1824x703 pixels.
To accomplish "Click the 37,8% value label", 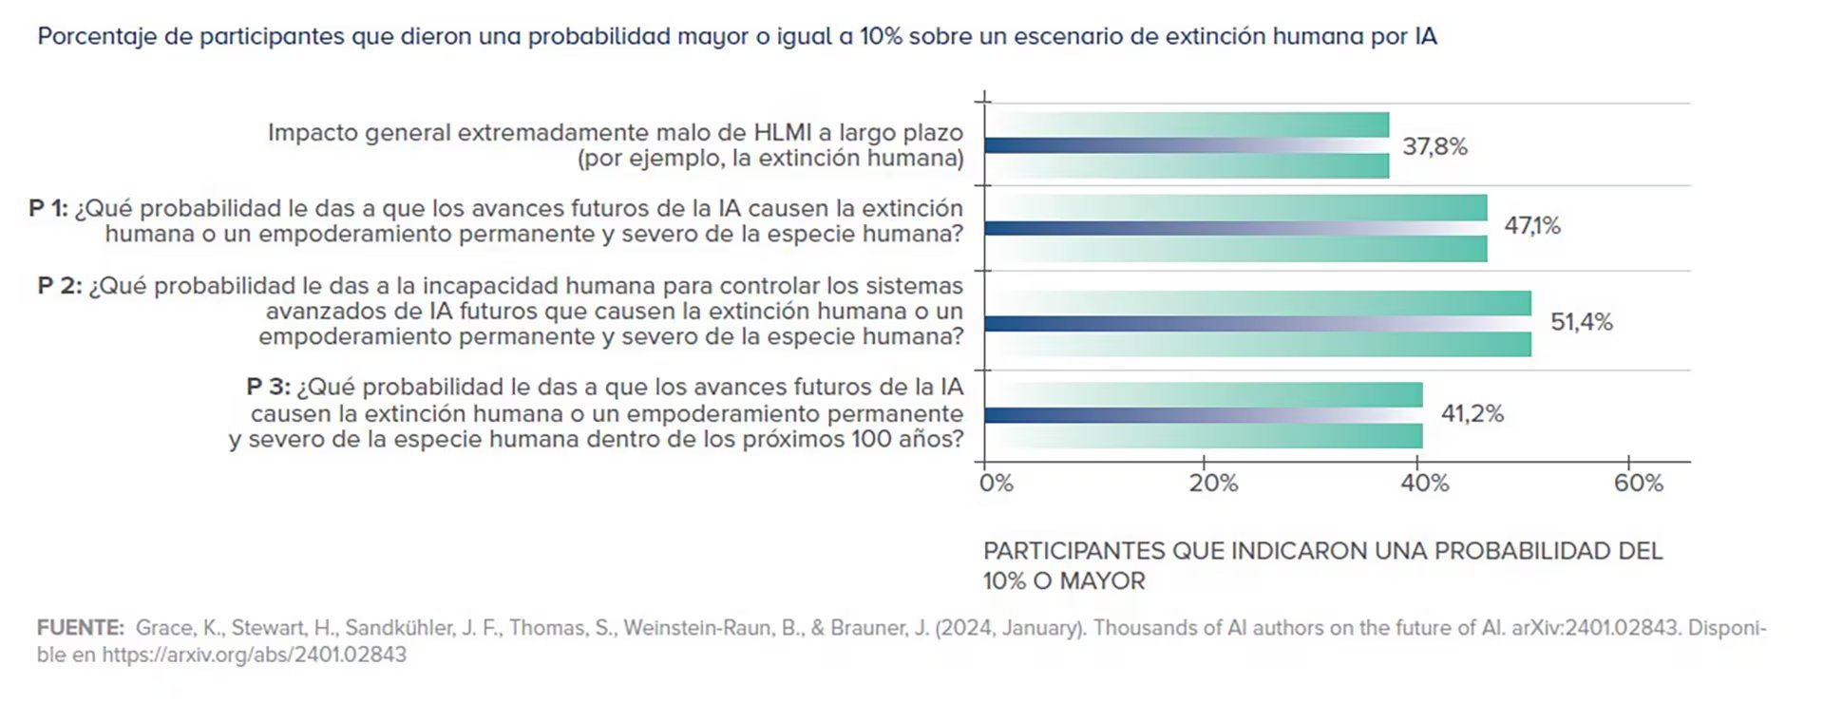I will (x=1434, y=146).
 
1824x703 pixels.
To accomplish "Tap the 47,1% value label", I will (x=1531, y=225).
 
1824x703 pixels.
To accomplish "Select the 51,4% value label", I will (x=1581, y=322).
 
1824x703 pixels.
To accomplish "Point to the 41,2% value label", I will (x=1472, y=413).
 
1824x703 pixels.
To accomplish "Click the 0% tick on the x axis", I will (x=996, y=484).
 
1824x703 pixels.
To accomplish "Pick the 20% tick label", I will (x=1213, y=484).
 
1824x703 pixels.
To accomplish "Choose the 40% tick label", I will (x=1424, y=484).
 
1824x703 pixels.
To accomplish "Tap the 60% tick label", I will (x=1638, y=484).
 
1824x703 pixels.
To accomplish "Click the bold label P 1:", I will (x=48, y=208).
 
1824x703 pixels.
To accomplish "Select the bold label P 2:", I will (x=60, y=286).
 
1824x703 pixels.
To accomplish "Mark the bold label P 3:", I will (x=268, y=387).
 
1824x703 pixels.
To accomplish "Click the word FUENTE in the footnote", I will (x=80, y=628).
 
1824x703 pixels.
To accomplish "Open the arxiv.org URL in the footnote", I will (x=254, y=655).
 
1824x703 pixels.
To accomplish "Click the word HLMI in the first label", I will (x=783, y=132).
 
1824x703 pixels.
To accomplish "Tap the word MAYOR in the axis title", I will (x=1102, y=580).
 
